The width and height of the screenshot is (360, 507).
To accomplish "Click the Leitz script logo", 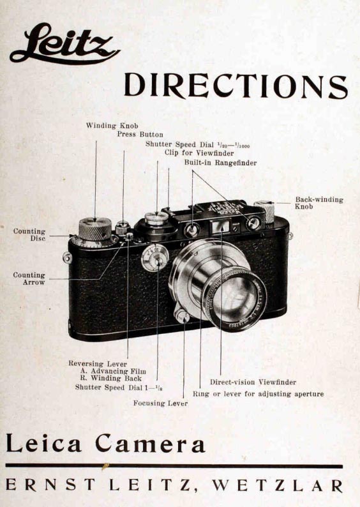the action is click(64, 43).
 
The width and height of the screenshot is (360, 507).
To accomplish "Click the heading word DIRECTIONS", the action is click(236, 86).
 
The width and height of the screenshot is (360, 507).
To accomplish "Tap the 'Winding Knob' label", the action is click(112, 125).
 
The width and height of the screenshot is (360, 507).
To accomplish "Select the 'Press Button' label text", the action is click(140, 134).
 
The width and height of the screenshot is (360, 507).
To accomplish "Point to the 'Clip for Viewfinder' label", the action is click(199, 153).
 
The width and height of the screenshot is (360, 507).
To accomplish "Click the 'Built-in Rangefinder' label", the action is click(221, 163).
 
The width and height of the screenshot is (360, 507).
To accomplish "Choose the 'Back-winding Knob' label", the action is click(319, 202).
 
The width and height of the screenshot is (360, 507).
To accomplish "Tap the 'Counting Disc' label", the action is click(29, 235).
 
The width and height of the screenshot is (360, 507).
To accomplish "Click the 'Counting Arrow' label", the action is click(29, 278).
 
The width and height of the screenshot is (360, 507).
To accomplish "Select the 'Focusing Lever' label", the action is click(161, 403).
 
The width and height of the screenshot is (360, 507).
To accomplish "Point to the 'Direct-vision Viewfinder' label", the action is click(253, 382).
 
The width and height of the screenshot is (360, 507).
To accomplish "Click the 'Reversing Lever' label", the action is click(98, 364).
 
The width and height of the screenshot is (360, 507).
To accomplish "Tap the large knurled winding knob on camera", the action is click(95, 229).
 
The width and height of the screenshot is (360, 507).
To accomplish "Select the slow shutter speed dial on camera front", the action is click(155, 257).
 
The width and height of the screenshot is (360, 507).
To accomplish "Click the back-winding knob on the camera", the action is click(264, 212).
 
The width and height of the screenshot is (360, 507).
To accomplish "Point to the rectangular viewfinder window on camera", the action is click(221, 226).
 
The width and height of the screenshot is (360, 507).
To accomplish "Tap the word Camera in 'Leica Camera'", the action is click(151, 443).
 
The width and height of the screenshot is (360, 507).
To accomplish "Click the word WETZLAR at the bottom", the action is click(278, 485).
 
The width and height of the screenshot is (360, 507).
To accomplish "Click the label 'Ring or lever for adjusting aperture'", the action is click(259, 394).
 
